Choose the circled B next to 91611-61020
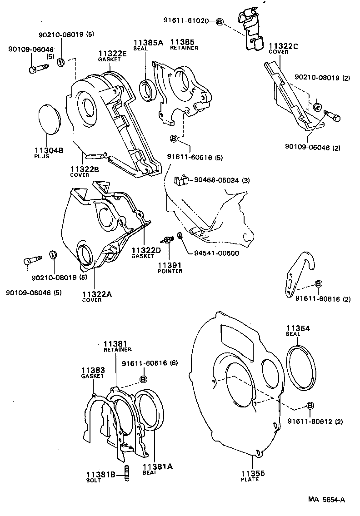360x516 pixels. (x=220, y=21)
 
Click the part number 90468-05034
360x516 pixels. (x=222, y=181)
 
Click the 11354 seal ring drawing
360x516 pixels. (x=300, y=367)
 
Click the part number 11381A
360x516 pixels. (x=154, y=466)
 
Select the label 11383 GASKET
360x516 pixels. (x=93, y=373)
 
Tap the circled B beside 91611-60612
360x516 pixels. (x=310, y=406)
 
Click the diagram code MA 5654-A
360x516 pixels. (x=326, y=500)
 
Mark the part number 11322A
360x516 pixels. (x=97, y=294)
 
